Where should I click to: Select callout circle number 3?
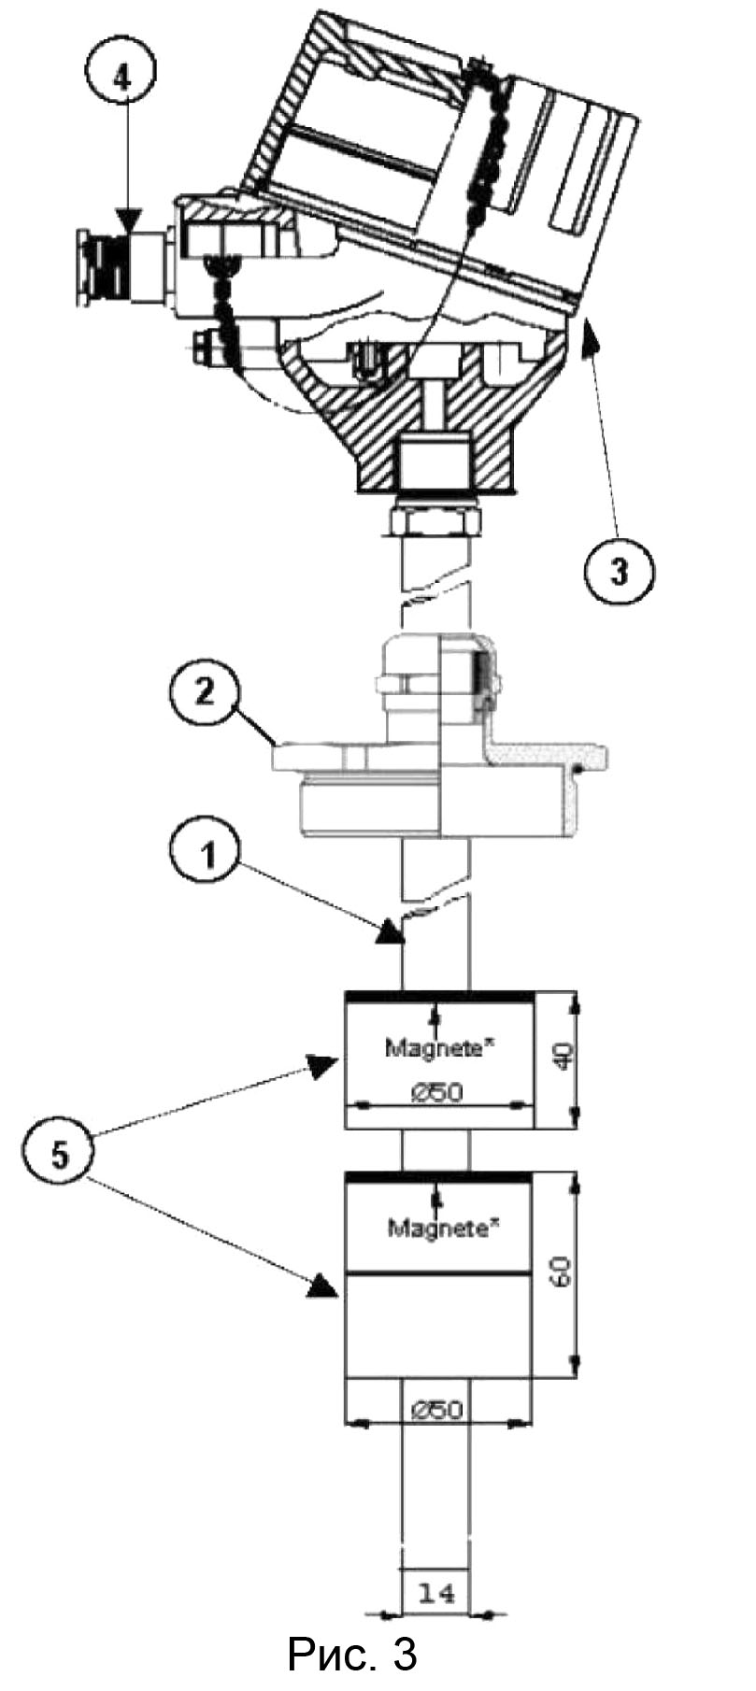(620, 569)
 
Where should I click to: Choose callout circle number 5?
(60, 1155)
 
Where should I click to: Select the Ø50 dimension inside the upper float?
(437, 1090)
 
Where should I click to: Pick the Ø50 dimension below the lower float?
(436, 1409)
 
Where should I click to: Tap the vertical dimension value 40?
(563, 1059)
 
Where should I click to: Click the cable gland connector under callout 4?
(125, 268)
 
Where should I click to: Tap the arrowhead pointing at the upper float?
(324, 1066)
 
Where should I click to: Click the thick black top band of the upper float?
(439, 996)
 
